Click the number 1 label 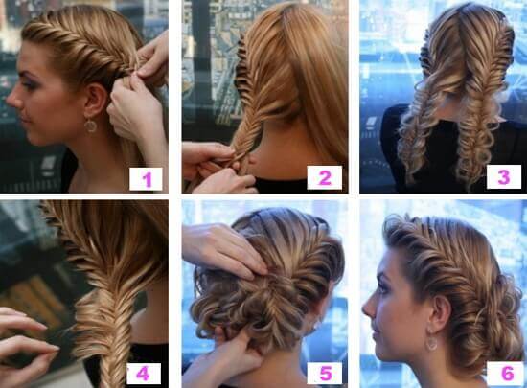pos(146,179)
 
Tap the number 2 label pos(324,177)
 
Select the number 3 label pos(503,176)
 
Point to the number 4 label pos(143,374)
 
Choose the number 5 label pos(325,374)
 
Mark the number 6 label pos(507,374)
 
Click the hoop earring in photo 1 pos(90,126)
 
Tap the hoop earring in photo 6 pos(432,341)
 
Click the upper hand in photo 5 pos(223,249)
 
